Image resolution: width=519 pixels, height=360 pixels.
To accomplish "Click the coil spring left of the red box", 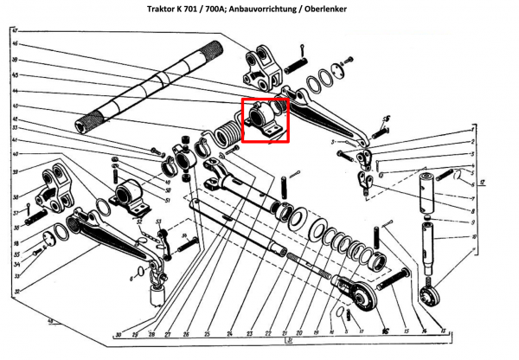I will pyautogui.click(x=226, y=138).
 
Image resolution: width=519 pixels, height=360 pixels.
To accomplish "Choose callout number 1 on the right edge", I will pyautogui.click(x=474, y=128).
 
